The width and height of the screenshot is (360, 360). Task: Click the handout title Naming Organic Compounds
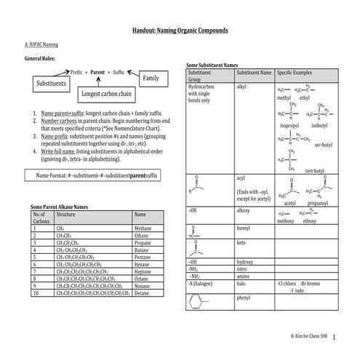tap(180, 31)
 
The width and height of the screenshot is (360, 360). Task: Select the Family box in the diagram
tap(151, 77)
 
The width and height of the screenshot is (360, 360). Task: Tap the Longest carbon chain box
tap(106, 94)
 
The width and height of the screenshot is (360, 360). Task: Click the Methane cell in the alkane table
tap(143, 228)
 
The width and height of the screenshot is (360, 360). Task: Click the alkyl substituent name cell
tap(242, 87)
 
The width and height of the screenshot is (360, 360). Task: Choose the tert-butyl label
tap(315, 170)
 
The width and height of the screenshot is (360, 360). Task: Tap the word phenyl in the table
tap(244, 297)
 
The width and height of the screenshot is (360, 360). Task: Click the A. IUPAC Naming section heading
tap(41, 45)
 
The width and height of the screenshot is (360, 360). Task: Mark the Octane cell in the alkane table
tap(143, 279)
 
